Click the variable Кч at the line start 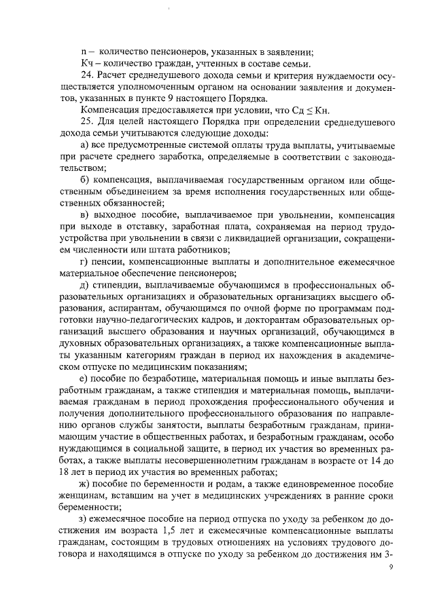point(86,61)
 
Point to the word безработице point(154,379)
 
